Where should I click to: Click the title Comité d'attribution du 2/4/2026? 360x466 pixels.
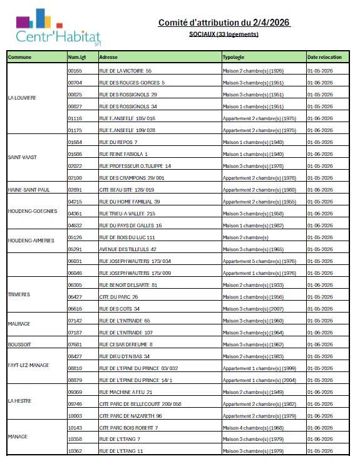224,23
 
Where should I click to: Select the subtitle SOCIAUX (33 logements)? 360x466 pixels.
224,34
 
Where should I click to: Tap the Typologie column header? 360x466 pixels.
234,57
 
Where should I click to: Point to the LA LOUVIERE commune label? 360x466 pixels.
22,98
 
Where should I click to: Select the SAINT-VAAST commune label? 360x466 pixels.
22,157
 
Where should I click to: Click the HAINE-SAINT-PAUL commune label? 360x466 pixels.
29,190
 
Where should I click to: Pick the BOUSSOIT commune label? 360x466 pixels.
18,344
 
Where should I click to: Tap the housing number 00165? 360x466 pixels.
75,71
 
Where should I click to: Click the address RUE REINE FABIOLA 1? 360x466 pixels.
123,154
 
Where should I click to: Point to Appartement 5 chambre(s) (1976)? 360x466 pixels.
259,261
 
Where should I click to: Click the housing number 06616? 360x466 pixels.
75,309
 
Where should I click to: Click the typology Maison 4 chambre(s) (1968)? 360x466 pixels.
254,427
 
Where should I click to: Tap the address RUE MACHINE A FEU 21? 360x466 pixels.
126,391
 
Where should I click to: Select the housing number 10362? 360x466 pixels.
75,451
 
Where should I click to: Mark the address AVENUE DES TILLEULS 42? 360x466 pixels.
128,249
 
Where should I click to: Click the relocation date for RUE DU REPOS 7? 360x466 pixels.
320,142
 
